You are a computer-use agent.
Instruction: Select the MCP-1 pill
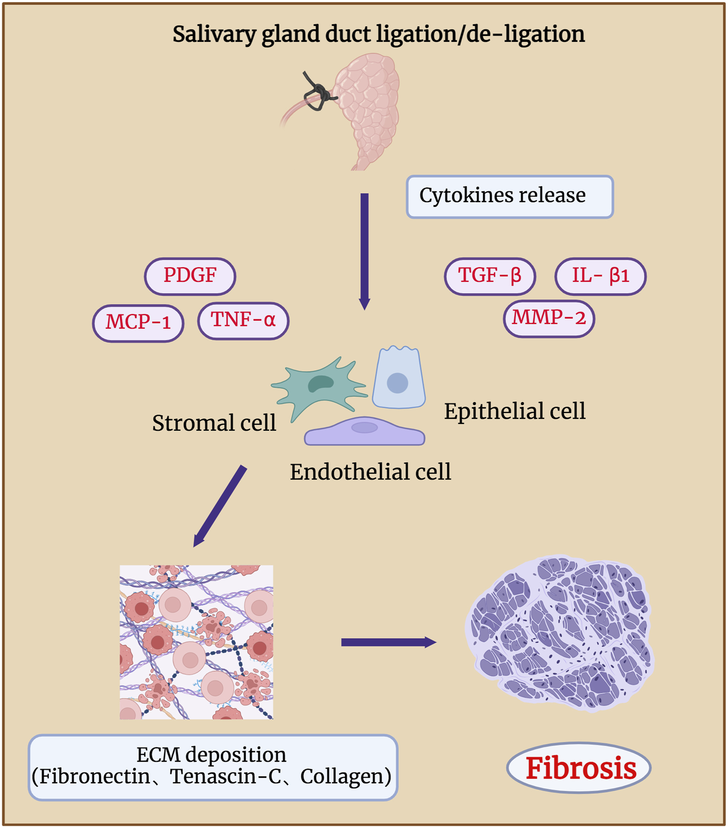(x=138, y=323)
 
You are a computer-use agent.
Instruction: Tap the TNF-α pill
(x=243, y=321)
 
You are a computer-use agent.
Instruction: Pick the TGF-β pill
(x=490, y=276)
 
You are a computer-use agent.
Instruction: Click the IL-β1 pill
(x=600, y=276)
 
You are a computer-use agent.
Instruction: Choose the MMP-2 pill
(x=549, y=318)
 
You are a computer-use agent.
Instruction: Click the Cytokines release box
(x=509, y=197)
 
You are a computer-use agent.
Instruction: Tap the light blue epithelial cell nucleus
(x=397, y=383)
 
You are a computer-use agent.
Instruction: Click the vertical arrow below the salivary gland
(x=364, y=249)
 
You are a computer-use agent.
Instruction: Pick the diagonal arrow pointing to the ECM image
(x=219, y=506)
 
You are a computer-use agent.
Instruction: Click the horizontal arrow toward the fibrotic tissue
(x=388, y=642)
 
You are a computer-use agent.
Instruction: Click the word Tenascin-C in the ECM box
(x=225, y=776)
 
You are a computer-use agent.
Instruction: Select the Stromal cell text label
(x=214, y=423)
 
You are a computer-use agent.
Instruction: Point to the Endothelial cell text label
(x=370, y=471)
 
